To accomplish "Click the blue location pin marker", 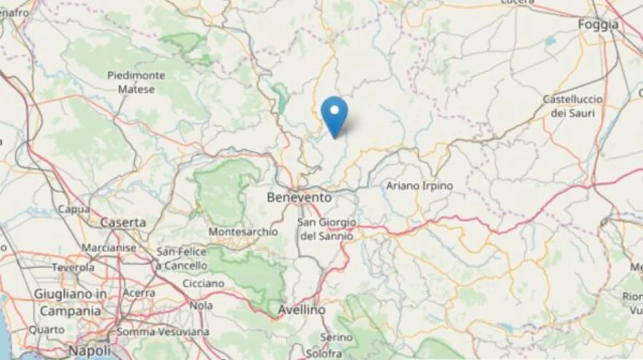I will [x=334, y=115].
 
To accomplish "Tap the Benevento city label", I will [x=299, y=197].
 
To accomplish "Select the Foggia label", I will [x=598, y=25].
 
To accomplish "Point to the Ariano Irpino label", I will [x=419, y=186].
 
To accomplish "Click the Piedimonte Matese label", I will [x=136, y=82].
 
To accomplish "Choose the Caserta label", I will [x=123, y=222].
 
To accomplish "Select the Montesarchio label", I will [x=243, y=232].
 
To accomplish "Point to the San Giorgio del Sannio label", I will [x=326, y=229].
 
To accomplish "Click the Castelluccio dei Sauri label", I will [x=572, y=106].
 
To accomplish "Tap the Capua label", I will [x=73, y=210].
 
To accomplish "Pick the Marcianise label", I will [x=109, y=248].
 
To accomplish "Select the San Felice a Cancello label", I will [x=182, y=259].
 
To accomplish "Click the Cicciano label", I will [x=203, y=284].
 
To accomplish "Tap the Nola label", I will [x=201, y=306].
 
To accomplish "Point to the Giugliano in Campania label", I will [x=70, y=302].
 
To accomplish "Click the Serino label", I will [x=336, y=338].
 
